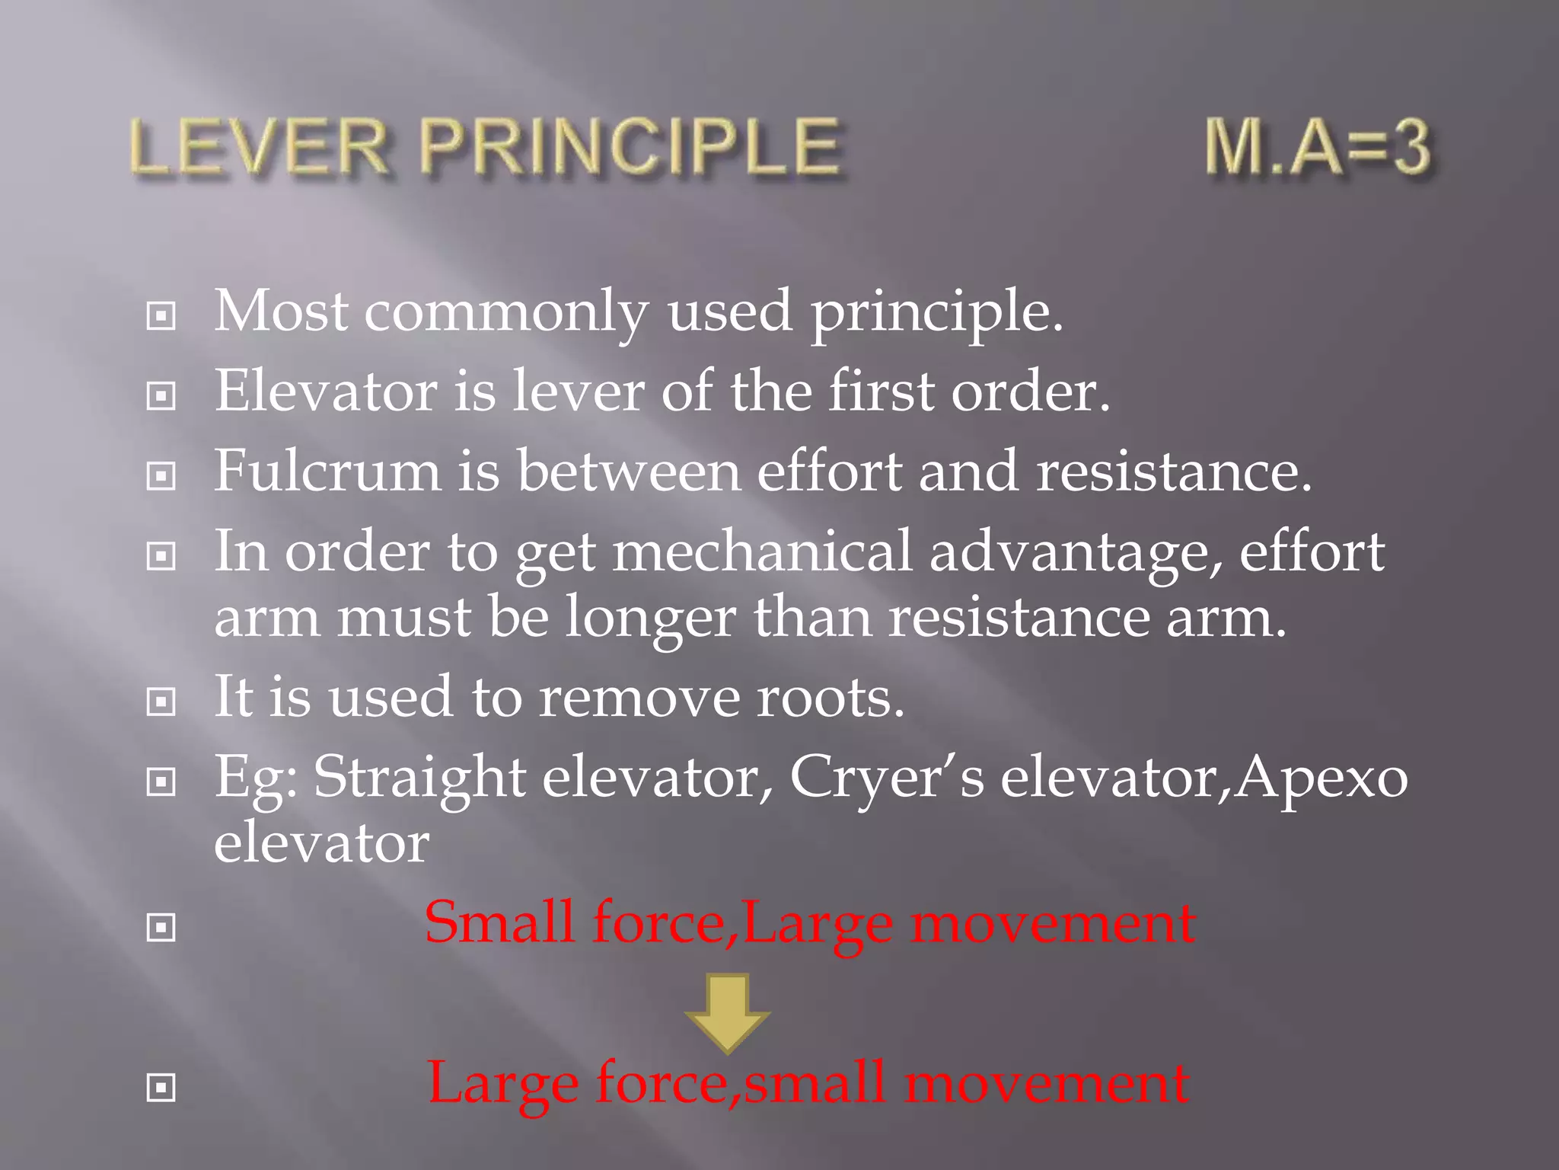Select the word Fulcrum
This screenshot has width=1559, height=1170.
point(327,471)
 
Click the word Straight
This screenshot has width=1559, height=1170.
point(419,778)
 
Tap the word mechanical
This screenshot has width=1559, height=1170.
point(762,551)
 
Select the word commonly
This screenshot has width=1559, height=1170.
point(505,312)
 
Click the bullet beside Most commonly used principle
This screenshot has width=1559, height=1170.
point(161,315)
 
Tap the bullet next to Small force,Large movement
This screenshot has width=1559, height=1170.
point(161,927)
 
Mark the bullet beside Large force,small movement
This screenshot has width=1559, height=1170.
point(161,1087)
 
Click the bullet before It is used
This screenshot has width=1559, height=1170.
point(161,701)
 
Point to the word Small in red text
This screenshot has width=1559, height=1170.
point(499,922)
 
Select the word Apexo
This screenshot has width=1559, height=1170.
point(1321,778)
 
